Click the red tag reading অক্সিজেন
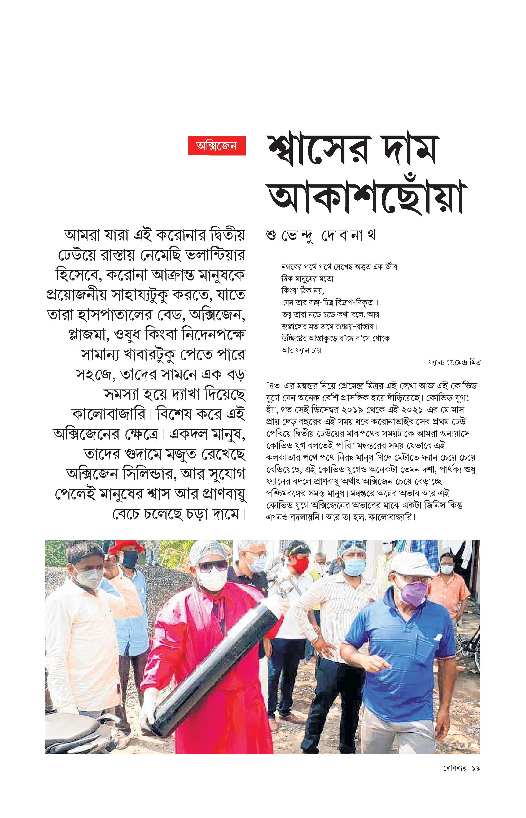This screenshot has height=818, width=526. [217, 146]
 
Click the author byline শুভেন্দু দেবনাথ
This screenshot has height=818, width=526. [321, 236]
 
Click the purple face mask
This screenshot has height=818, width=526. [414, 593]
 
